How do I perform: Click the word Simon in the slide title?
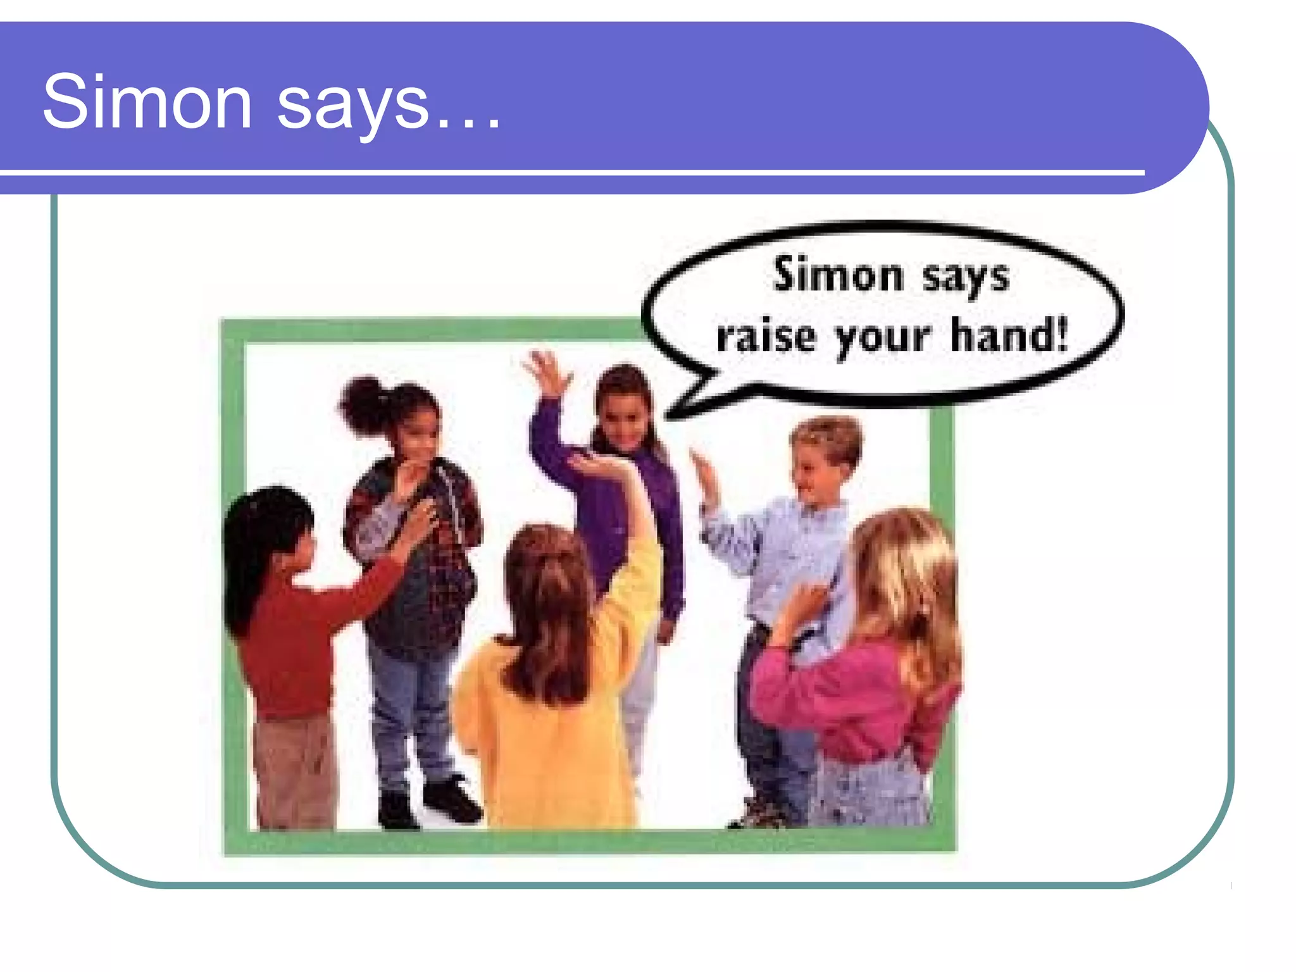pyautogui.click(x=147, y=103)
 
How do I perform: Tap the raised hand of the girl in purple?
pyautogui.click(x=546, y=371)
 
